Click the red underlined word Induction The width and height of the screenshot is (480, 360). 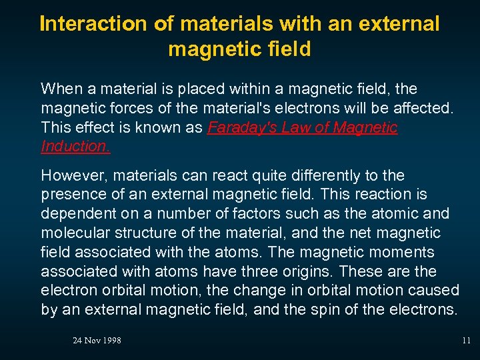tap(75, 146)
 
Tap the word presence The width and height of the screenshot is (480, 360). tap(72, 195)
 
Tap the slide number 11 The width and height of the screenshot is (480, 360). tap(466, 341)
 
